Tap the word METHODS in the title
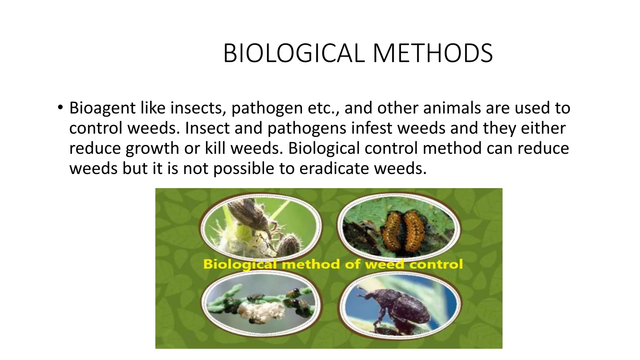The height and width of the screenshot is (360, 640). point(433,53)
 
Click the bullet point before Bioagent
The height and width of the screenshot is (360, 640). point(60,108)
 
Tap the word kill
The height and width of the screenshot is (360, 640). point(215,148)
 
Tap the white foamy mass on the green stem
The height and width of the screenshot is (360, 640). point(261,311)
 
